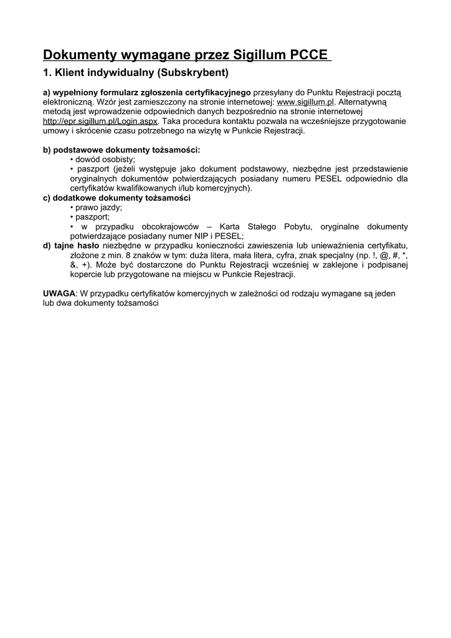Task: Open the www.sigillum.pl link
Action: pos(306,102)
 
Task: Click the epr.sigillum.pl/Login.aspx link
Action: pos(100,121)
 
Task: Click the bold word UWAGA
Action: pos(59,293)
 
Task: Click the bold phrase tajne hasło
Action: pos(76,246)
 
